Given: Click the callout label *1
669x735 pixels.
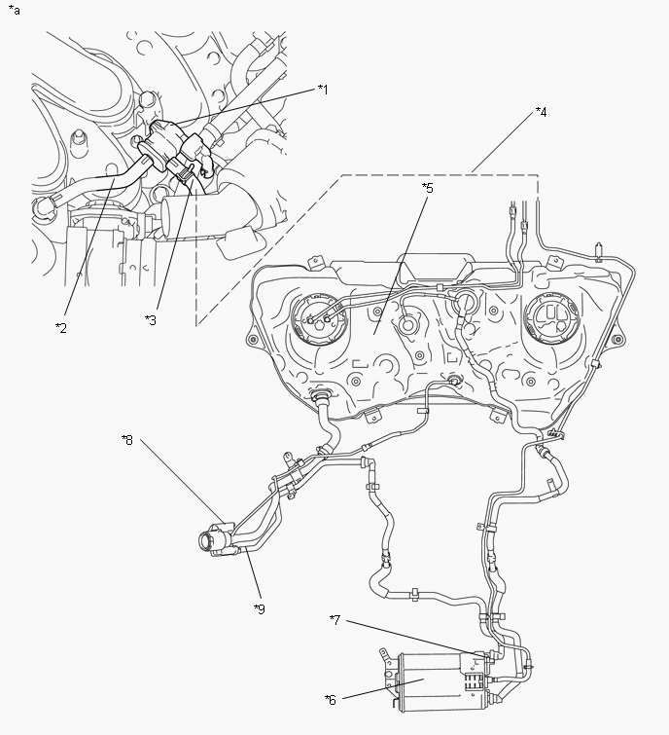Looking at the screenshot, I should coord(323,90).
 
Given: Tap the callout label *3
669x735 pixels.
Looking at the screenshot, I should coord(149,319).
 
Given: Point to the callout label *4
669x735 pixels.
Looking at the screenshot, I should coord(541,112).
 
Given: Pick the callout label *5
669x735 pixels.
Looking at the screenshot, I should coord(426,186).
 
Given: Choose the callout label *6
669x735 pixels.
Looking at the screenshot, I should coord(331,698).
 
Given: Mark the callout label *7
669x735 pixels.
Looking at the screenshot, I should coord(334,619).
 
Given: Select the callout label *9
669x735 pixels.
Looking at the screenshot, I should coord(259,608).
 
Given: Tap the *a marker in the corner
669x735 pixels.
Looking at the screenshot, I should coord(14,10).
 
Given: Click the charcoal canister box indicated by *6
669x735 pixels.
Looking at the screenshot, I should coord(429,682).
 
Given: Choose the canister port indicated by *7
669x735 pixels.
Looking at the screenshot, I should coord(481,656).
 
